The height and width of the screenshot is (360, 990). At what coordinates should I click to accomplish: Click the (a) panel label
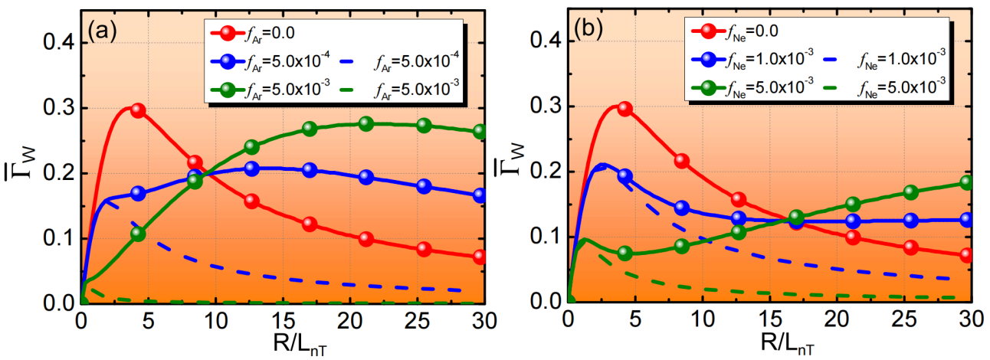pos(102,32)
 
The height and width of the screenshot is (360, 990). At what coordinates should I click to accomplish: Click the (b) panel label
pos(588,30)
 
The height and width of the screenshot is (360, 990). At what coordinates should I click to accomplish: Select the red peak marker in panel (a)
pos(138,110)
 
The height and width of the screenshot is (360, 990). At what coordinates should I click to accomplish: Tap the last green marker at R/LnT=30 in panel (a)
pos(480,131)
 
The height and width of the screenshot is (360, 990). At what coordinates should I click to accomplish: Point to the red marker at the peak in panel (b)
pos(624,109)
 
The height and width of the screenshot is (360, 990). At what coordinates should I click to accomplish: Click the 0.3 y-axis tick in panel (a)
pos(59,108)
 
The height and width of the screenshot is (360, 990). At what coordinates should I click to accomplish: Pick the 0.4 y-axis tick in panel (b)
pos(546,41)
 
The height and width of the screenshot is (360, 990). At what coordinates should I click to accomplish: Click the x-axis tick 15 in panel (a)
pos(284,321)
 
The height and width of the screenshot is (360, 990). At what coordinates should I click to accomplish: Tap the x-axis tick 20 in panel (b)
pos(837,319)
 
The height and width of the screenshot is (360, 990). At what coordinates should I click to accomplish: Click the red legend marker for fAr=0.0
pos(228,33)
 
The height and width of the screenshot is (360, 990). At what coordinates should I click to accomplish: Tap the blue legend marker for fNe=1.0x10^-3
pos(709,60)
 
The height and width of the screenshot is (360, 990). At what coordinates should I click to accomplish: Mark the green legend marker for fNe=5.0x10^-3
pos(709,88)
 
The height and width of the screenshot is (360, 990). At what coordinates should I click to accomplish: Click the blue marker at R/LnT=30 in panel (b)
pos(966,220)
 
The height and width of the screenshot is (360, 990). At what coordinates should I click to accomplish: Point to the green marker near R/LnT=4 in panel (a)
pos(138,234)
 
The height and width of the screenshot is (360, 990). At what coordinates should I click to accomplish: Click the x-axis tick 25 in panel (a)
pos(418,321)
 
